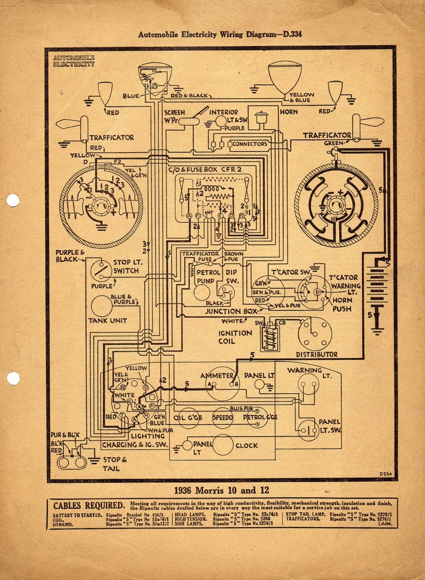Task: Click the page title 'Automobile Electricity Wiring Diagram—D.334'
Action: click(220, 34)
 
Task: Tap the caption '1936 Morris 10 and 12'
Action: click(221, 490)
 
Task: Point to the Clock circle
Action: click(223, 445)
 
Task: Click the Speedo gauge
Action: click(222, 417)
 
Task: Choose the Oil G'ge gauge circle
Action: click(188, 417)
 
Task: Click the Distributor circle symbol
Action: click(315, 334)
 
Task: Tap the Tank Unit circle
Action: click(102, 306)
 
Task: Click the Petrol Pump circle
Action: click(202, 292)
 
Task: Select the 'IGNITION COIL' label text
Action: click(234, 337)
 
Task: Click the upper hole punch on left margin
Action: click(13, 201)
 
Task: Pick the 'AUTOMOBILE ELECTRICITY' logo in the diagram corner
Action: click(74, 60)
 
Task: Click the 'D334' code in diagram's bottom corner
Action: click(385, 474)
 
